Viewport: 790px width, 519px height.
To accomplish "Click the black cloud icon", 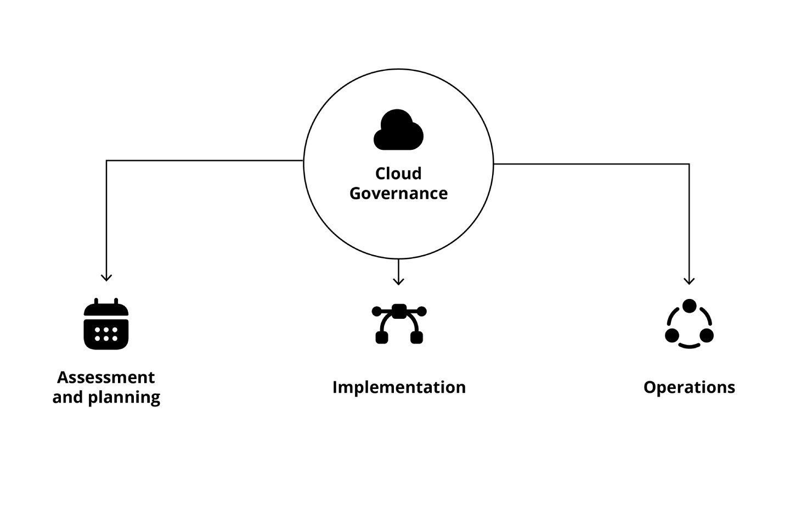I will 398,131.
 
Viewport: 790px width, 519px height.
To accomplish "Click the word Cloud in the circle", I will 398,173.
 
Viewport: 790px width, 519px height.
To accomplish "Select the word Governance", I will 398,193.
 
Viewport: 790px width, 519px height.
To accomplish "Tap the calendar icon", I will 106,324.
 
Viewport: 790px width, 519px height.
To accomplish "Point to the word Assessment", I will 106,377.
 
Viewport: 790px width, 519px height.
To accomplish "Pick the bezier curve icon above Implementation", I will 399,324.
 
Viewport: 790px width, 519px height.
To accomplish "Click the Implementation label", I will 399,387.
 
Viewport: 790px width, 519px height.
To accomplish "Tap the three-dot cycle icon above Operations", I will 689,324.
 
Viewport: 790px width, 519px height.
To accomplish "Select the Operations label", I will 689,387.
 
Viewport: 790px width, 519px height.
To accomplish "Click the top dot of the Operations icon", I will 689,306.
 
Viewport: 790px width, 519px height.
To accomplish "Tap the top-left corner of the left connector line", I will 106,161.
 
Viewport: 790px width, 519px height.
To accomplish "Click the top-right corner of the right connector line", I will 689,164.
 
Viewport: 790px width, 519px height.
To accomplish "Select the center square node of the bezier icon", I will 399,311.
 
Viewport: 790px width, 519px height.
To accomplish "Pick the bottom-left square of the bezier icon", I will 382,337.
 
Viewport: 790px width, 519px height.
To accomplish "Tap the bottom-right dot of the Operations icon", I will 707,335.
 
